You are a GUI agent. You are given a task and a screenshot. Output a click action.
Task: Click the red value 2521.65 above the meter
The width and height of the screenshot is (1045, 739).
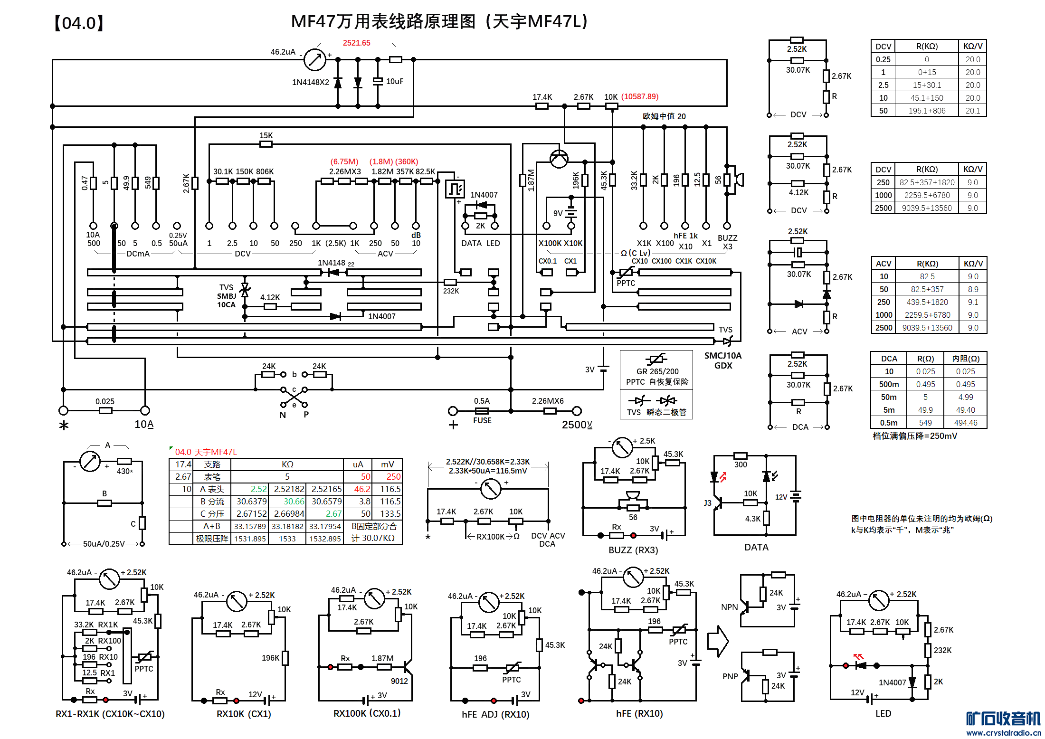356,43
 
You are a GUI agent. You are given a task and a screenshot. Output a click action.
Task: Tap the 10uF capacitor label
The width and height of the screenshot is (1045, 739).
395,81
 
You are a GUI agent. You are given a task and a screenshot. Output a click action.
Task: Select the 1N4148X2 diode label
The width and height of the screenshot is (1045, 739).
310,82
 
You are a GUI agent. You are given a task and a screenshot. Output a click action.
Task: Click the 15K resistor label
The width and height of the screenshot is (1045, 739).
266,135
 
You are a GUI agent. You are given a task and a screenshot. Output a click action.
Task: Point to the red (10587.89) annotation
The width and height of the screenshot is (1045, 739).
640,96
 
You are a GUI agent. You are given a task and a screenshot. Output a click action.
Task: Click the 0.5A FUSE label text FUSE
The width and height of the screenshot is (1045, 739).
482,420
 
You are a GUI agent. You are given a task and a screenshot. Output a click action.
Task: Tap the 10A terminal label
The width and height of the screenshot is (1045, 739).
144,424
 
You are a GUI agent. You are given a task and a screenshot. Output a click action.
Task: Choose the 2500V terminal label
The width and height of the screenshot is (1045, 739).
577,425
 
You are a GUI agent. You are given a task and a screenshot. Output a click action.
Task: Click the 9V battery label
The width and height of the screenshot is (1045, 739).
558,213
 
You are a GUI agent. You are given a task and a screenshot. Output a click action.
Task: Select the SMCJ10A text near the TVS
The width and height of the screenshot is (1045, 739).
722,355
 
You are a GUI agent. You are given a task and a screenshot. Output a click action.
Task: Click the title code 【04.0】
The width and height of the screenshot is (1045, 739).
79,23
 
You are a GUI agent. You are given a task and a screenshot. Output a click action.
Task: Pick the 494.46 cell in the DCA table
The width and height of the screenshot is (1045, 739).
966,423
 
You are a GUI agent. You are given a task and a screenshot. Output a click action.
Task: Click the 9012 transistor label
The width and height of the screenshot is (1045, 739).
399,681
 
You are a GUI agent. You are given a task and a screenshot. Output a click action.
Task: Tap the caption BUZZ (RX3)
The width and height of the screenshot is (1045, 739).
633,550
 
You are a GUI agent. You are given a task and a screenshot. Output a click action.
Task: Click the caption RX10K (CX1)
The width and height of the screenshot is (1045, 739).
244,714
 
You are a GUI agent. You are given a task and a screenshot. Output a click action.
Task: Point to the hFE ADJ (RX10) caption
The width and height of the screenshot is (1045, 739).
495,714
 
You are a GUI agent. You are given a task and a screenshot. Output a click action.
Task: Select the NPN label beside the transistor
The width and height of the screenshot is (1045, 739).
729,607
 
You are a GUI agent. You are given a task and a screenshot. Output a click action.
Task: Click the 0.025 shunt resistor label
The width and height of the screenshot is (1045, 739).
104,401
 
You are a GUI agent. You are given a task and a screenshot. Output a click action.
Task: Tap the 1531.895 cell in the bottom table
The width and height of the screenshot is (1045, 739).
250,539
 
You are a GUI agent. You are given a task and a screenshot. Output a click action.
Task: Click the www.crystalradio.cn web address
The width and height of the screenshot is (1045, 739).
1003,732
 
